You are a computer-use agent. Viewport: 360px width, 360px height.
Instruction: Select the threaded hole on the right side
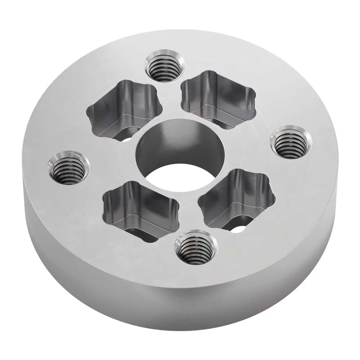291,142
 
